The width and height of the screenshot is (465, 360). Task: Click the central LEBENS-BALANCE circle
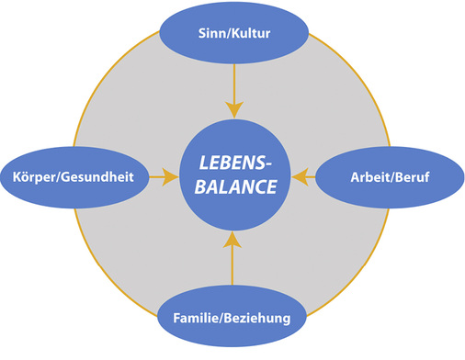(232, 176)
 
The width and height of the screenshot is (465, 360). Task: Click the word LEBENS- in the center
(232, 163)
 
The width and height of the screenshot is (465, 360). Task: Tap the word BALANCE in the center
(232, 188)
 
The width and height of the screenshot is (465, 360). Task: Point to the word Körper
(36, 175)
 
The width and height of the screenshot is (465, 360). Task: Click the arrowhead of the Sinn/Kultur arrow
(232, 111)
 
